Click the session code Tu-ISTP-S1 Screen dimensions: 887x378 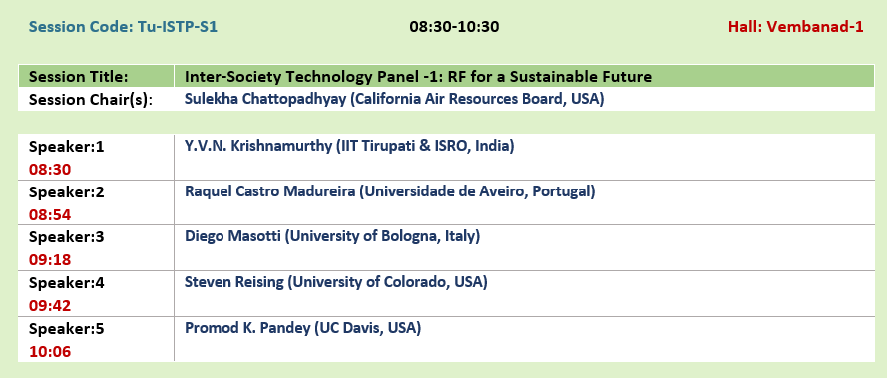pos(178,27)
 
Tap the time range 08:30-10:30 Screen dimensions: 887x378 pos(454,27)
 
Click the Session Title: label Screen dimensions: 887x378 pos(79,77)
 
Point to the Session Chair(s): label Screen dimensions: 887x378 pos(91,100)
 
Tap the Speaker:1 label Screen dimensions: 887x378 pos(67,147)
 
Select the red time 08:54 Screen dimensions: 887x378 pos(50,215)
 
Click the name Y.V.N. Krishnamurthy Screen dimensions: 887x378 pos(258,146)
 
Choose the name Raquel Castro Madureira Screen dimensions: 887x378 pos(270,191)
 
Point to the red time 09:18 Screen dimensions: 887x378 pos(50,260)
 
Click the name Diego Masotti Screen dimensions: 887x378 pos(232,236)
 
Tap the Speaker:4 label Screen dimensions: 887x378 pos(67,282)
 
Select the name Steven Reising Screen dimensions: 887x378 pos(234,282)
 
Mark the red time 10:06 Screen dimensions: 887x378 pos(50,352)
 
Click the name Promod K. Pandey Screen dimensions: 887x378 pos(247,328)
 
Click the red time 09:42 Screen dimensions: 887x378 pos(50,306)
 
